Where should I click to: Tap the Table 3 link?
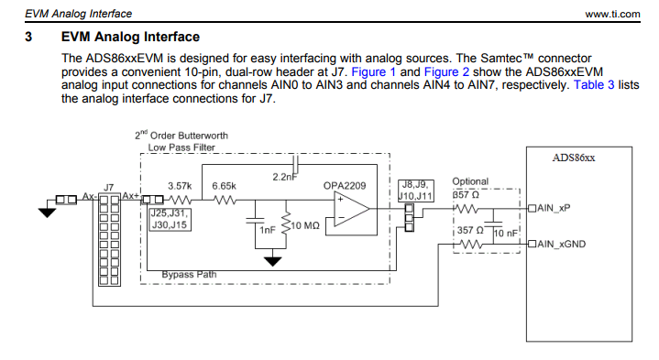[x=574, y=85]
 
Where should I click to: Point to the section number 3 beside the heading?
[x=29, y=38]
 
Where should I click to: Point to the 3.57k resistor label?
[x=178, y=186]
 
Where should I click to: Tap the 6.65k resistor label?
[x=225, y=186]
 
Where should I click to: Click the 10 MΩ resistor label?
[x=303, y=225]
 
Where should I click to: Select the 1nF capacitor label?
[x=267, y=230]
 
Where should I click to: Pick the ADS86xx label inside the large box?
[x=574, y=158]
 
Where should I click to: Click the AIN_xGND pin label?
[x=558, y=244]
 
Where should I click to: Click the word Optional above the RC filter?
[x=470, y=181]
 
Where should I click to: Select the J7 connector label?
[x=110, y=186]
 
